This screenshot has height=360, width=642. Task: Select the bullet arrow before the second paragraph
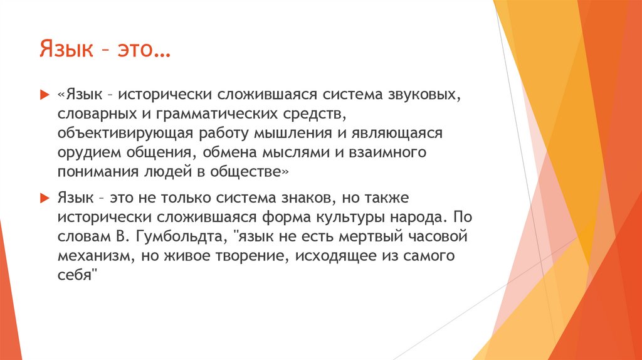[x=44, y=198]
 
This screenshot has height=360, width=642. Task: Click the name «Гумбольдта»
[x=177, y=237]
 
